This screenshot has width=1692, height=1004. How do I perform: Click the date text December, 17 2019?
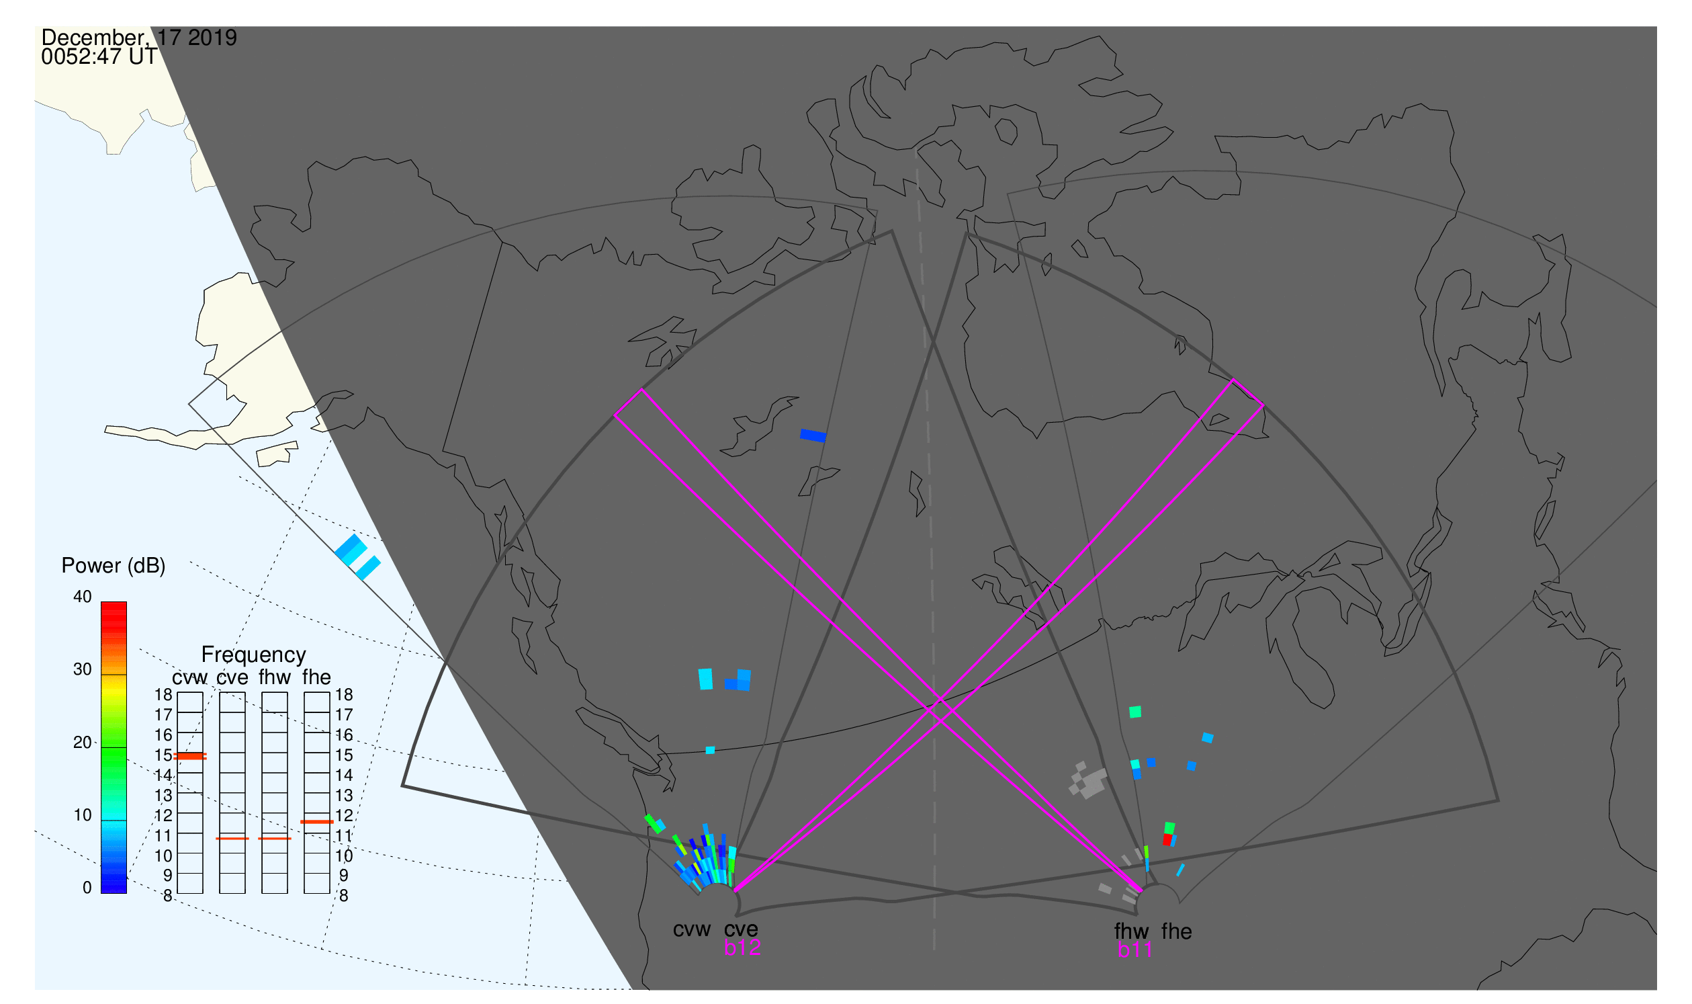(x=139, y=38)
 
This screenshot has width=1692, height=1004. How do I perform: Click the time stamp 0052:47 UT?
(x=99, y=57)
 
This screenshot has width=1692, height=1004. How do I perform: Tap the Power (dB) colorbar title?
(x=114, y=567)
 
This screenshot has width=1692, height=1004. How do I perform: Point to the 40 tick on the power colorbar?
(x=83, y=597)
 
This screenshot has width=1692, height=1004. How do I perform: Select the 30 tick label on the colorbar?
(x=83, y=670)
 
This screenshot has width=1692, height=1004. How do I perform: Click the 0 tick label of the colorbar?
(x=87, y=888)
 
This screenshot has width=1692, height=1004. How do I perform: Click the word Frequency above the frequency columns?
(x=254, y=655)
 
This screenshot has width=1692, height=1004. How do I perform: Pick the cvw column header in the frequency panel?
(x=190, y=678)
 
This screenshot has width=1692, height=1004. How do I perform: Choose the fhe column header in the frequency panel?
(x=316, y=677)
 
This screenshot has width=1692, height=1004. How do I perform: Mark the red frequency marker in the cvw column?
(x=190, y=757)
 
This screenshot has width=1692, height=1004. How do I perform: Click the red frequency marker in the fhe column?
(x=317, y=822)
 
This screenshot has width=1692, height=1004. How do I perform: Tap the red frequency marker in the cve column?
(x=232, y=839)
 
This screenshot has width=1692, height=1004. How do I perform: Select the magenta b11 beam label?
(x=1134, y=950)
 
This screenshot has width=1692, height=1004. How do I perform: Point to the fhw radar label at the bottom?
(x=1131, y=931)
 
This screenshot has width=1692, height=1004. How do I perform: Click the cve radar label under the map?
(x=741, y=929)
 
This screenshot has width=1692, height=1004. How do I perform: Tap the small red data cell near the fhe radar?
(x=1167, y=839)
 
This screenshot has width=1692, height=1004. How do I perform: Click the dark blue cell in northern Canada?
(x=813, y=435)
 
